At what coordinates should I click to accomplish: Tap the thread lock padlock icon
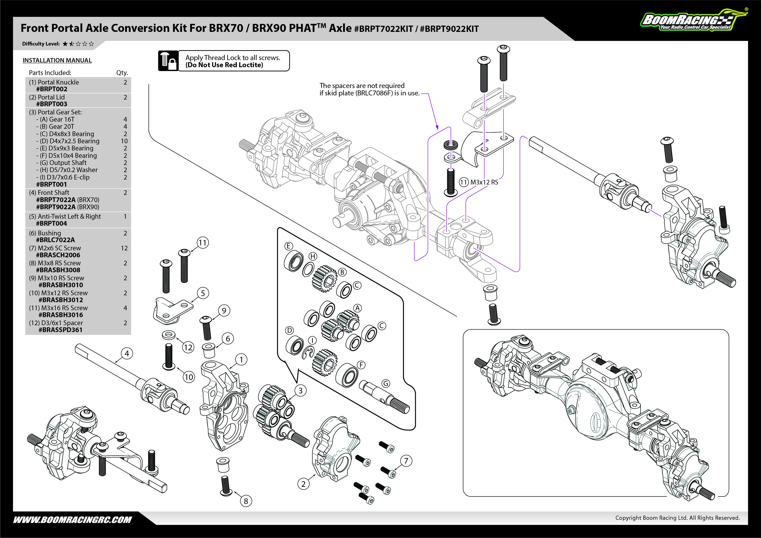tap(168, 61)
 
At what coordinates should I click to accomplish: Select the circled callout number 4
tap(127, 354)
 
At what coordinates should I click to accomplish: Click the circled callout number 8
tap(246, 501)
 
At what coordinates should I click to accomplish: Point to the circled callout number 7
tap(406, 461)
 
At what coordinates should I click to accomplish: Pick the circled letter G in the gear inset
tap(386, 383)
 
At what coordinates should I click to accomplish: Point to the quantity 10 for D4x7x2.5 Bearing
tap(124, 141)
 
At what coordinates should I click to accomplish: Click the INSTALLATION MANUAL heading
tap(57, 60)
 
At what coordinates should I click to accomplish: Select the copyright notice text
tap(678, 518)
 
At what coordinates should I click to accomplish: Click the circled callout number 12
tap(188, 347)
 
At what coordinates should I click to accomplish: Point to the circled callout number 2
tap(303, 484)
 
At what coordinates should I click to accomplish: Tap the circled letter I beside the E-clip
tap(312, 341)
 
